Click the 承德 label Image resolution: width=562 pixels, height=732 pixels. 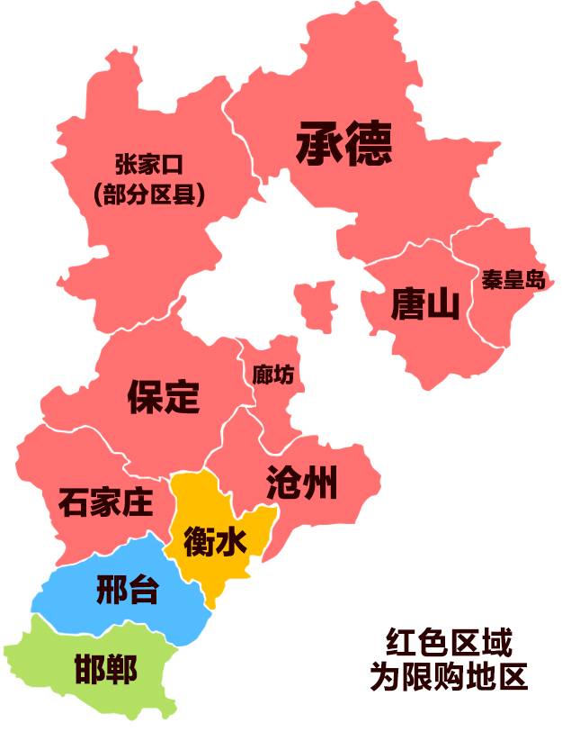343,143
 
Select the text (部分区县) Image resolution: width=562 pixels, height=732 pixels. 149,194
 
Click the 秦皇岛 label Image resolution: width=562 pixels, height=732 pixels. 513,279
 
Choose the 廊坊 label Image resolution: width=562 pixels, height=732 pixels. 272,374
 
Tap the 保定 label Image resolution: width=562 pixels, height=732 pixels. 163,395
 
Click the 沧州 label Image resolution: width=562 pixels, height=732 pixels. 302,483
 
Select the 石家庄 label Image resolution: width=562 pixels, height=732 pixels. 105,502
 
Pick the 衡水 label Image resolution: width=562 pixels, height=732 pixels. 215,542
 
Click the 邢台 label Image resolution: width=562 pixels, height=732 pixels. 127,591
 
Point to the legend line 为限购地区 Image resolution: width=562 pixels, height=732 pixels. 449,676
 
